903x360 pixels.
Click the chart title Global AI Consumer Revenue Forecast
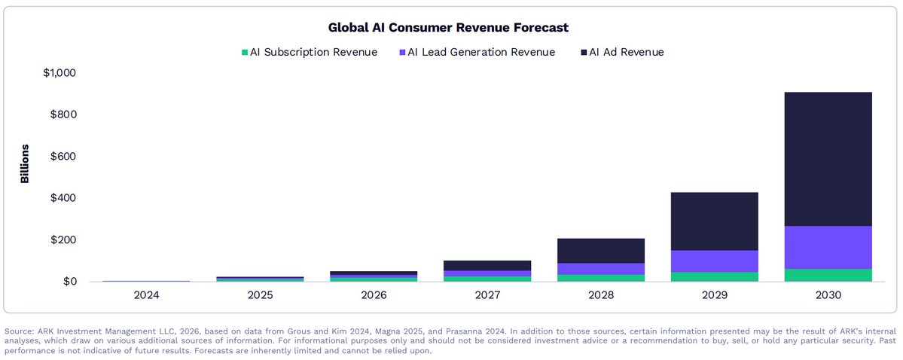448,28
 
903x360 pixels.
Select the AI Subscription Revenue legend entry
309,52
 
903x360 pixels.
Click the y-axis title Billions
24,164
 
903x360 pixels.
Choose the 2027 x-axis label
487,295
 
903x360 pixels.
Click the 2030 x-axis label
828,295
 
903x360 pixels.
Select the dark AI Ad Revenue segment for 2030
828,159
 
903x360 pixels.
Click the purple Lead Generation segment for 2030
828,247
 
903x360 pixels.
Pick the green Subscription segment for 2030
828,275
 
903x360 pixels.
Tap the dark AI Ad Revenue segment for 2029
715,221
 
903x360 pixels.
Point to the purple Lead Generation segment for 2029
715,261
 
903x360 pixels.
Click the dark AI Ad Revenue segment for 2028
601,251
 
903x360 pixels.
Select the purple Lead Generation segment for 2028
601,269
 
